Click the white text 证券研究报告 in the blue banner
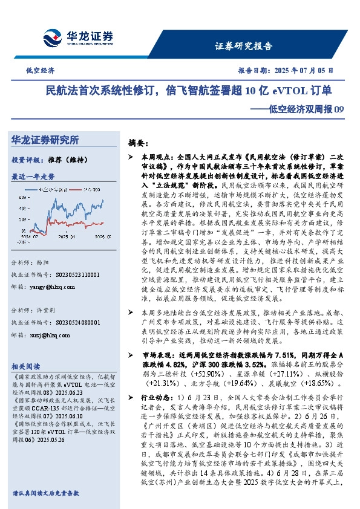244,46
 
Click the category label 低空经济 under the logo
40,70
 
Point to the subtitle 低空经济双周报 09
303,109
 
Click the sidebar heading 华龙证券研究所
45,140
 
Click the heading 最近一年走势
33,177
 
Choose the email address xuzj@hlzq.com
58,333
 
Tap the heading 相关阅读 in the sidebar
26,366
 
